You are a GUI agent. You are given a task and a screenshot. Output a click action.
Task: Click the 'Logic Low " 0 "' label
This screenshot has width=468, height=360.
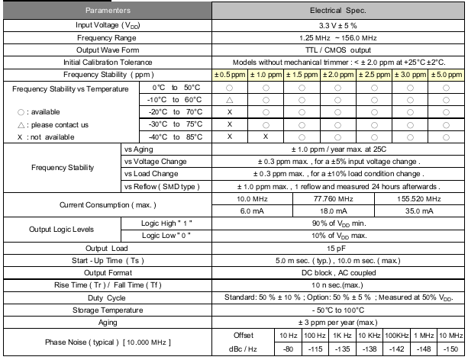[166, 235]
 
